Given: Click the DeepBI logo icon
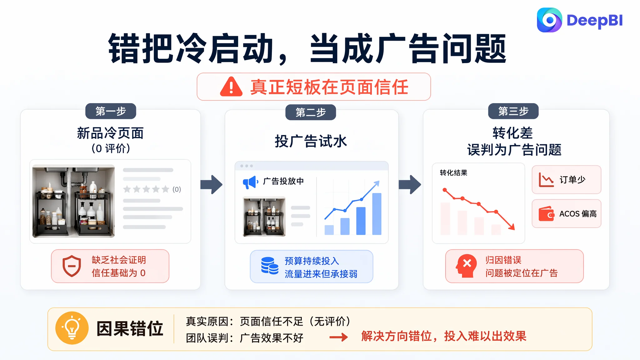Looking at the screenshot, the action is click(549, 20).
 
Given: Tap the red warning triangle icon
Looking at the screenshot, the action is click(231, 87).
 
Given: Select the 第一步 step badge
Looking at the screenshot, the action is click(111, 111).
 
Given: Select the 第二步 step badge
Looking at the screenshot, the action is click(311, 112).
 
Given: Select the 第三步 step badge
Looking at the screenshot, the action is click(513, 111).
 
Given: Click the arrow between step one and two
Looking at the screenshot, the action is click(212, 184).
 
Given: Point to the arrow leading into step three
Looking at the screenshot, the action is click(410, 184).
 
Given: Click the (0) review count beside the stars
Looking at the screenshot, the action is click(177, 189).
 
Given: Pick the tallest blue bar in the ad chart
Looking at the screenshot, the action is click(377, 214).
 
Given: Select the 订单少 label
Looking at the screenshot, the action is click(572, 180).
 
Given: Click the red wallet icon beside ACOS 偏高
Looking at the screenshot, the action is click(546, 214).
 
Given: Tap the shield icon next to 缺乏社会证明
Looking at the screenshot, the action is click(72, 266).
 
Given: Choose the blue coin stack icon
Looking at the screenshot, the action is click(270, 266).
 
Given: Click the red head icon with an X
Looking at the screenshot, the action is click(466, 266).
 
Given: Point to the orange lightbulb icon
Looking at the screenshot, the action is click(72, 328).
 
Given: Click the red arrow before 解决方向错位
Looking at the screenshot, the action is click(338, 337).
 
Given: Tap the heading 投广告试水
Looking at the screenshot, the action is click(311, 141).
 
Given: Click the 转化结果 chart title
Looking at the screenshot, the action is click(453, 173).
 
